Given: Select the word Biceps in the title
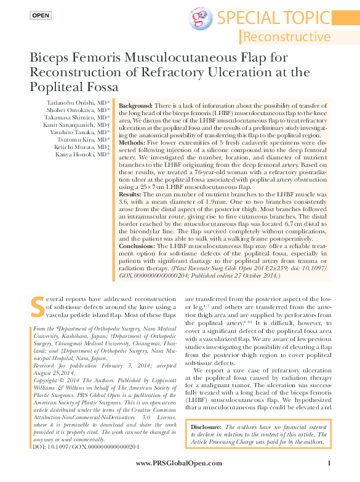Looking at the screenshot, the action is pyautogui.click(x=50, y=58).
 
